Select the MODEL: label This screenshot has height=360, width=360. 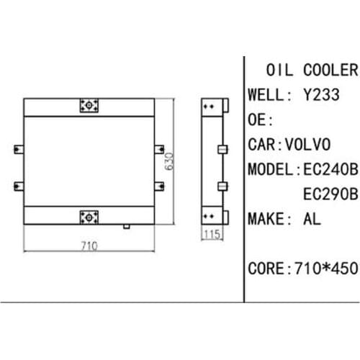point(271,170)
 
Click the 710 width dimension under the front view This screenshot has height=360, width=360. point(89,246)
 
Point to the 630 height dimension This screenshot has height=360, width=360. point(170,159)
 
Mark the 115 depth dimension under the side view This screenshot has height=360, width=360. point(212,235)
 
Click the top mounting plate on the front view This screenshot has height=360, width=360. point(89,105)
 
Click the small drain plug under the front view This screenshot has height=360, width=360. point(126,226)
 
